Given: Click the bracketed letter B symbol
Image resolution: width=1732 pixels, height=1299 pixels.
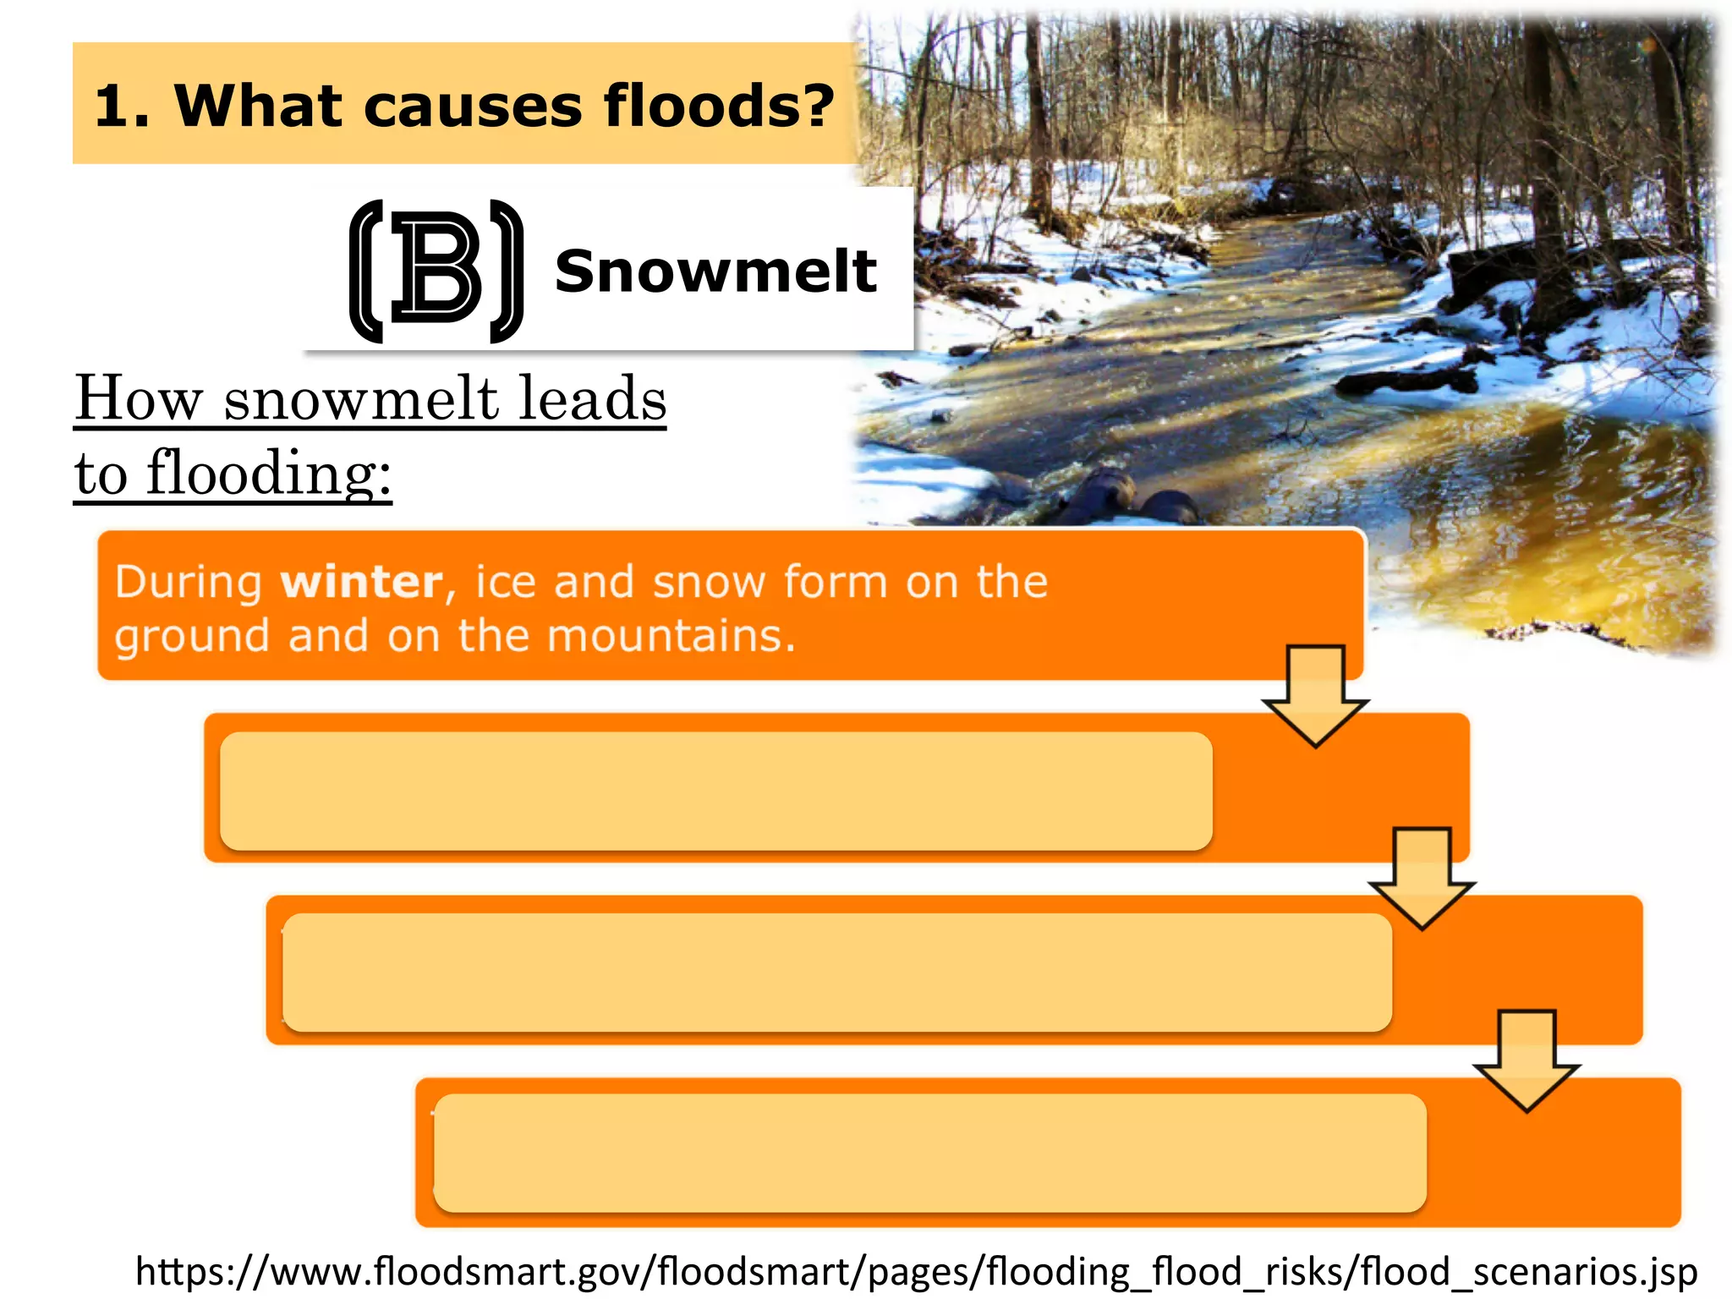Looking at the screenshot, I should [436, 271].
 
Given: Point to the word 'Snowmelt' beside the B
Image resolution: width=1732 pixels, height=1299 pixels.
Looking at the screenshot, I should [715, 271].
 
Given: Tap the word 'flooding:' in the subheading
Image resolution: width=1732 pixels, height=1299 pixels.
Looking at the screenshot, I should [269, 474].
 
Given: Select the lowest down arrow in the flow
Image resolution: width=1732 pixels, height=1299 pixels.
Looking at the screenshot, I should [1526, 1060].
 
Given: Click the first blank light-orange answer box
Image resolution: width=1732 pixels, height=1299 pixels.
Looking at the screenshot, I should [715, 792].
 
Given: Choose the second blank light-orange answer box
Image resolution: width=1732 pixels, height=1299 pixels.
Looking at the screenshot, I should [836, 973].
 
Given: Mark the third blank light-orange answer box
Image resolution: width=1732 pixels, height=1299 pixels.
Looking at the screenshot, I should [929, 1154].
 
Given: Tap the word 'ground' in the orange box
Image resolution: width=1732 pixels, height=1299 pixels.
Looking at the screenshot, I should [192, 637].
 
